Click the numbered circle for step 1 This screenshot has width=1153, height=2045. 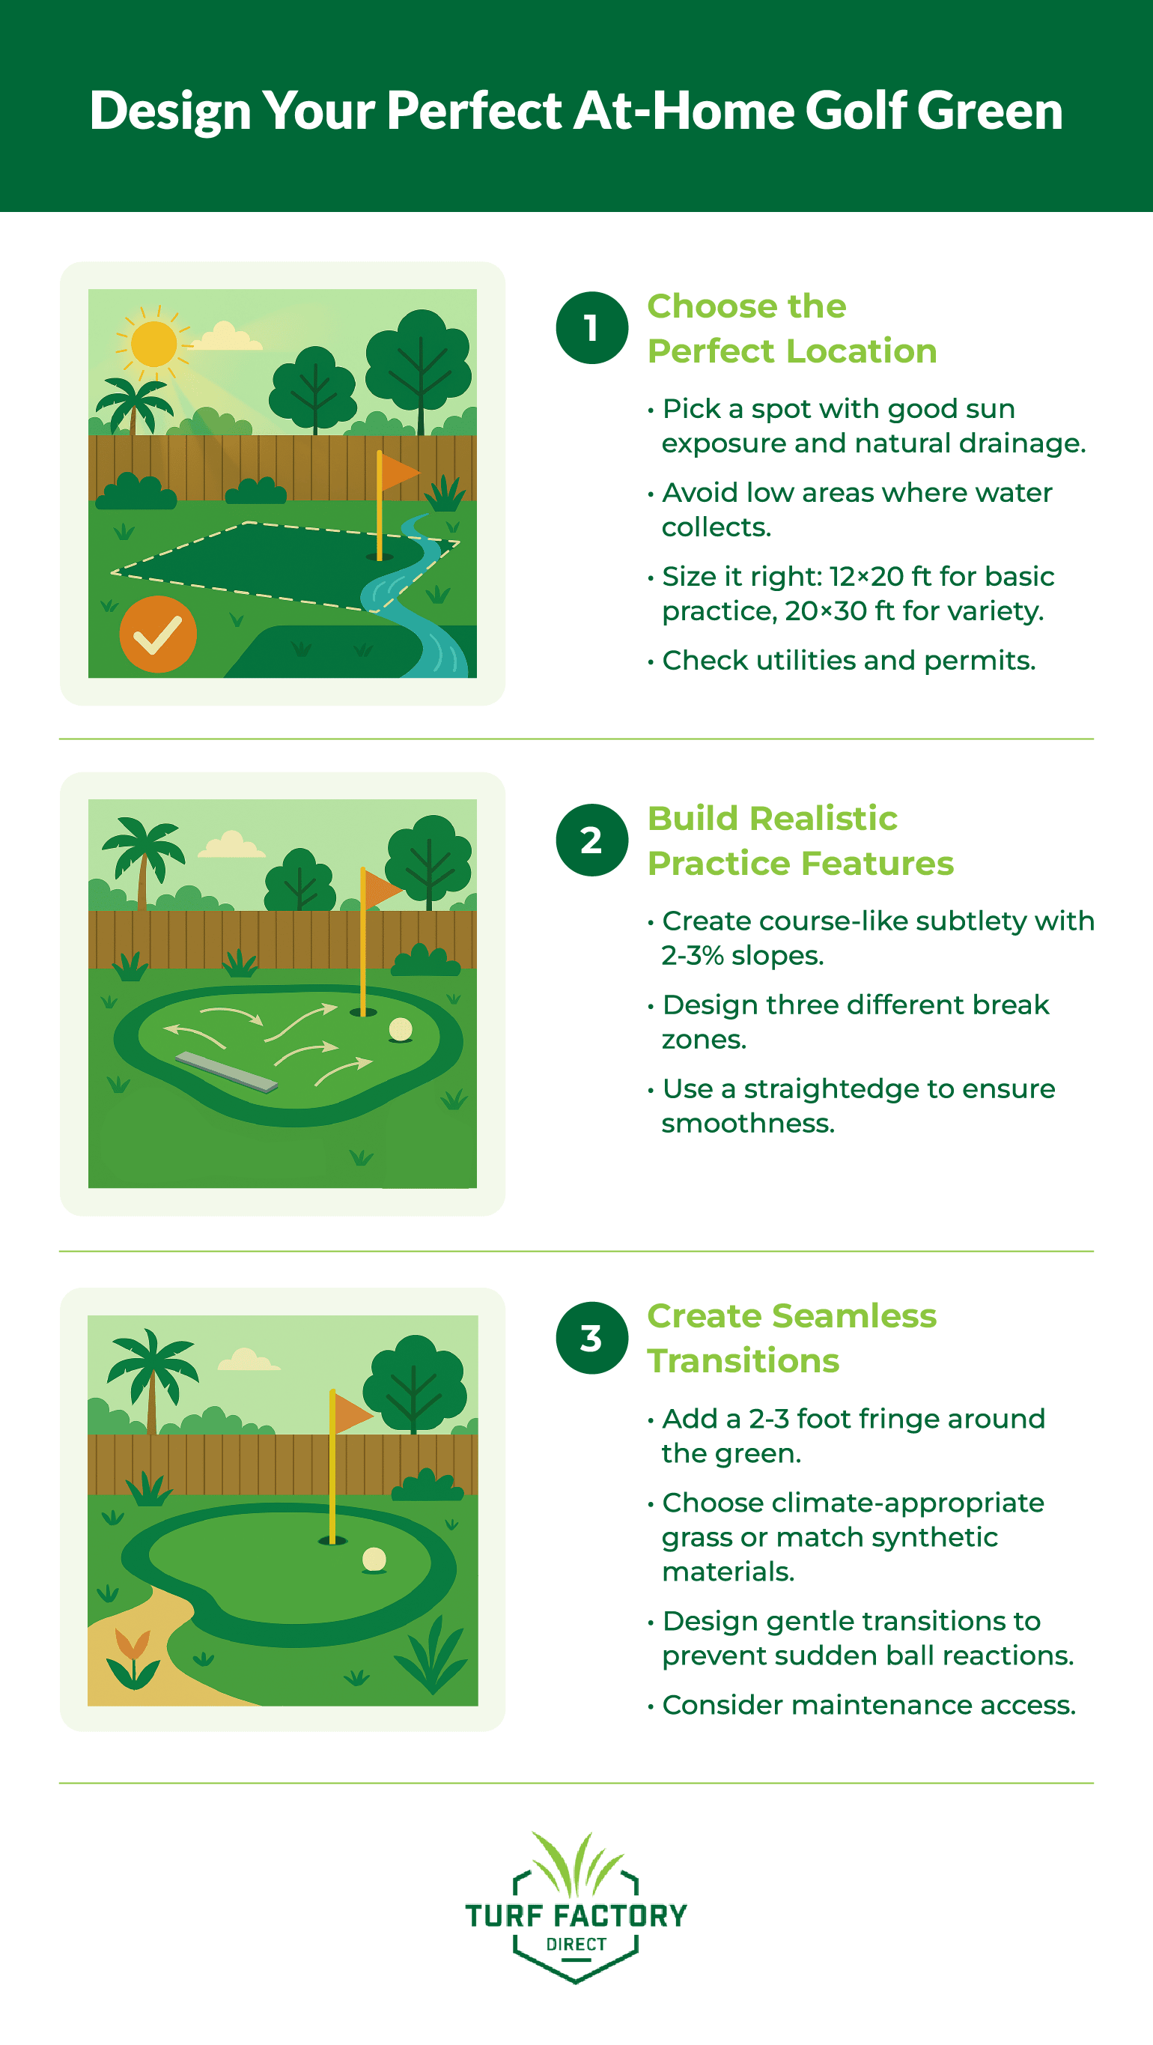coord(592,328)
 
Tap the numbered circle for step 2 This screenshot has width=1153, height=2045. coord(592,840)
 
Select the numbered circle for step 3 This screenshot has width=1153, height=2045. coord(592,1338)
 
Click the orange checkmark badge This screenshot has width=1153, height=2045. coord(158,634)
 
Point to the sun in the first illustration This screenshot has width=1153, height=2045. coord(154,344)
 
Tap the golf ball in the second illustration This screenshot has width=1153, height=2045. coord(401,1030)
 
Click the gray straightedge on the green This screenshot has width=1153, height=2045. coord(226,1072)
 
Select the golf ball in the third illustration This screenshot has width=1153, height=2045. coord(374,1559)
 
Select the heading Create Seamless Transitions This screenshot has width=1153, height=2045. coord(791,1338)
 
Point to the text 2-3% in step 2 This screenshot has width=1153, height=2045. coord(692,956)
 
